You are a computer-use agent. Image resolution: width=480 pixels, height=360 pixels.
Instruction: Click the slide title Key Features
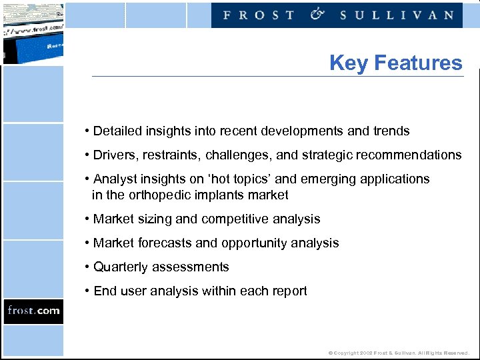395,63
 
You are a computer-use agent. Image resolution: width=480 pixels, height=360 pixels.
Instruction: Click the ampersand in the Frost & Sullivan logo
317,15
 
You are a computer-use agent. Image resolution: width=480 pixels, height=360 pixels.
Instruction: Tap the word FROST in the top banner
258,15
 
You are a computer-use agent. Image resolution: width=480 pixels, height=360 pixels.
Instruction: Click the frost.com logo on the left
33,311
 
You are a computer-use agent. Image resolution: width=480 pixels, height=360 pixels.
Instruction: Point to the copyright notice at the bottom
399,353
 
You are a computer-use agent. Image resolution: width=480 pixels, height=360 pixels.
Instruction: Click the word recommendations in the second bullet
409,155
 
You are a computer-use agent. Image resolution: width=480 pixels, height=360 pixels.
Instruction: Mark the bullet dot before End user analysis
87,291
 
